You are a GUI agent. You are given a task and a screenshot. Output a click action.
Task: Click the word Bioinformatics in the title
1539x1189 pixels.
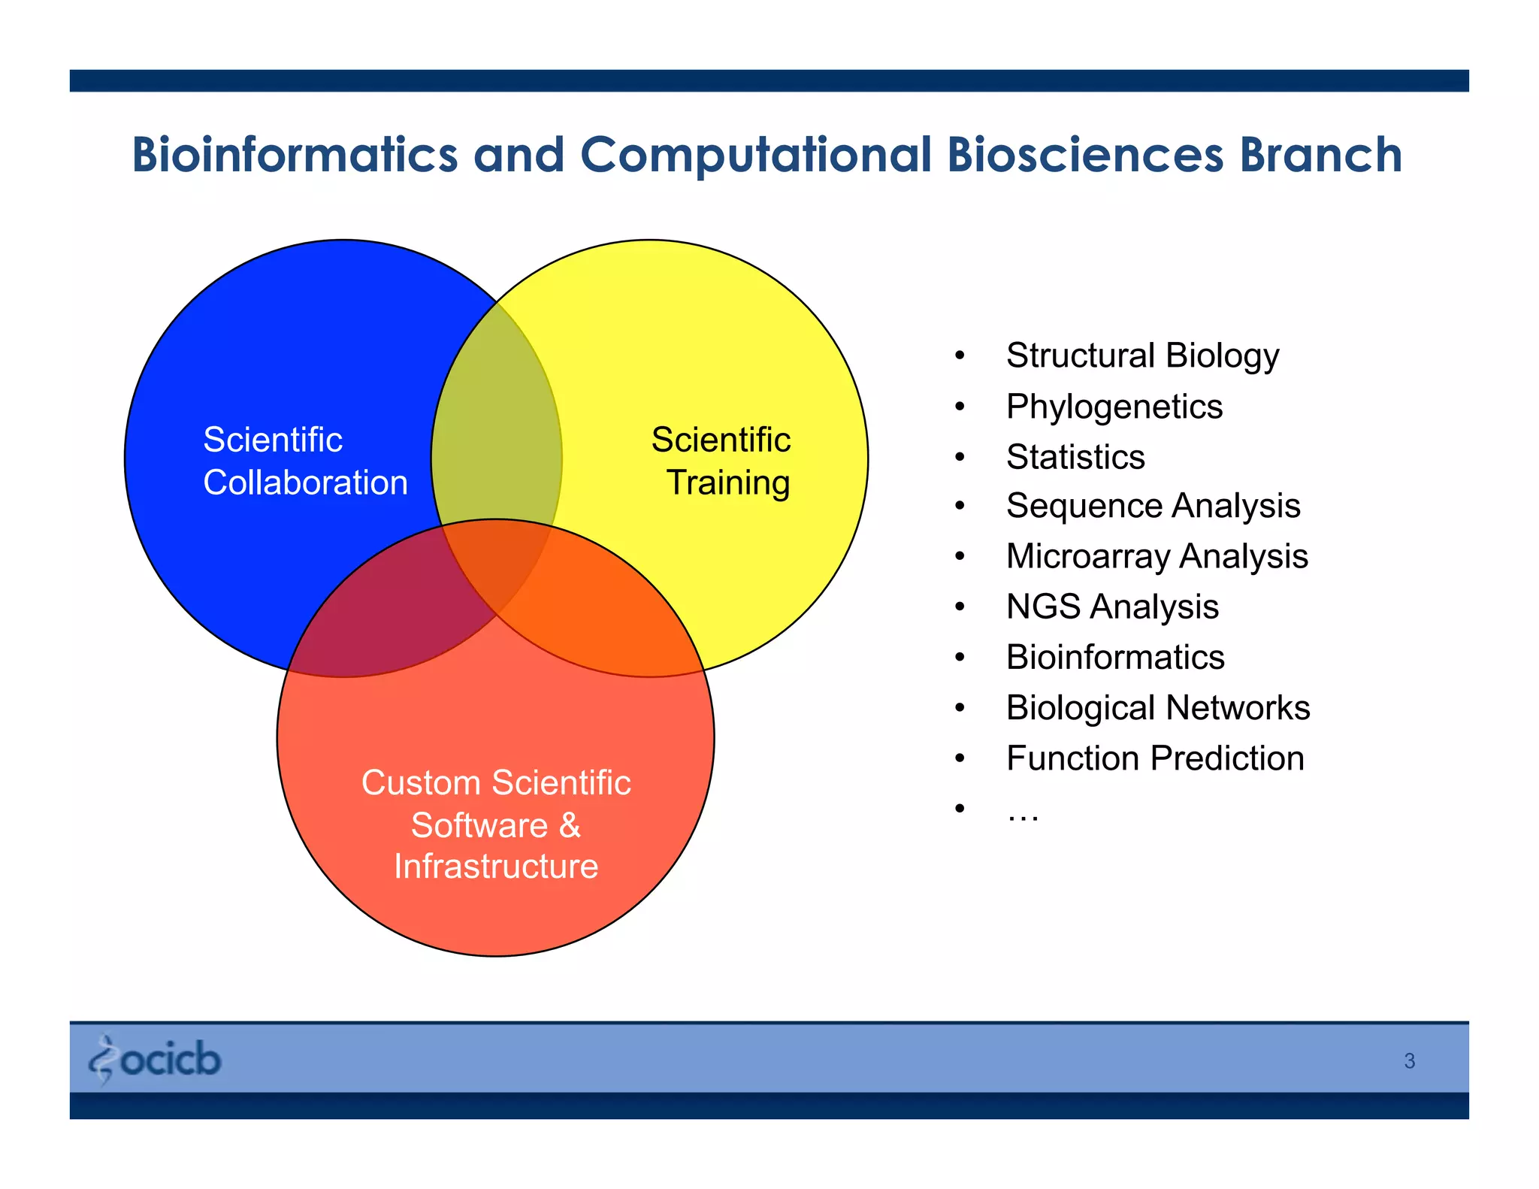point(295,155)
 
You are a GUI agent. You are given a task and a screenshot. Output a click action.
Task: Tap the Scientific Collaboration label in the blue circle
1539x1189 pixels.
point(304,461)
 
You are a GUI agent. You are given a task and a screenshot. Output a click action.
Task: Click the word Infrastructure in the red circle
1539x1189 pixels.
point(496,866)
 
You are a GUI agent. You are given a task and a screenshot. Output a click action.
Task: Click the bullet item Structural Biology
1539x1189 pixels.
point(1141,355)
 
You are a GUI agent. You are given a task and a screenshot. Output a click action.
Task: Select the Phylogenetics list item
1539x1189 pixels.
point(1114,407)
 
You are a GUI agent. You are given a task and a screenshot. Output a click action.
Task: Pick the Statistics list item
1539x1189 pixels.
point(1075,457)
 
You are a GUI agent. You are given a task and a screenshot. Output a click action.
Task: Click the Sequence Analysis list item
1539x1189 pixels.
point(1153,506)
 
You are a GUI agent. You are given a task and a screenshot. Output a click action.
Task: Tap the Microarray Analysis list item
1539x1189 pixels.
point(1157,556)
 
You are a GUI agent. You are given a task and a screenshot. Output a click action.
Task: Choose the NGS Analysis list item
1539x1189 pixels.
point(1111,607)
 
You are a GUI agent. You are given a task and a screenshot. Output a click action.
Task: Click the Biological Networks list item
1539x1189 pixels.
point(1157,707)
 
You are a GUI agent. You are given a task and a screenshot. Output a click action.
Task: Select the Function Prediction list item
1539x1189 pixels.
point(1154,758)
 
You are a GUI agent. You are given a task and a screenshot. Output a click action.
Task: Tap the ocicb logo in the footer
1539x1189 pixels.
point(156,1060)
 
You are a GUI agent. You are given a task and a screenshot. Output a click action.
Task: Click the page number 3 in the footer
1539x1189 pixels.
point(1409,1061)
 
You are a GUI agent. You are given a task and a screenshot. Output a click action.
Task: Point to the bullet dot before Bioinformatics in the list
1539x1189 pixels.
point(960,658)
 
